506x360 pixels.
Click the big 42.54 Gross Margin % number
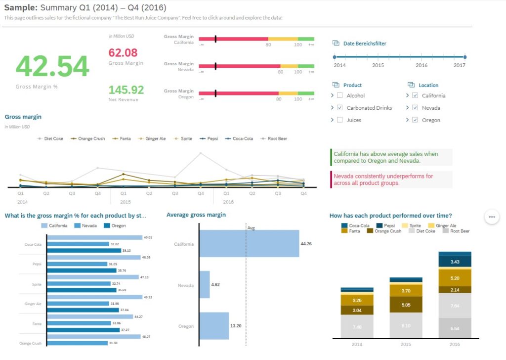pyautogui.click(x=52, y=66)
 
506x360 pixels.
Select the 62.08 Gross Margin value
pyautogui.click(x=123, y=53)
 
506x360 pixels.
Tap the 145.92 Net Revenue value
pyautogui.click(x=126, y=90)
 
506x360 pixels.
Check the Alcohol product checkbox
pyautogui.click(x=339, y=95)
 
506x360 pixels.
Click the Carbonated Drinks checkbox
pyautogui.click(x=339, y=108)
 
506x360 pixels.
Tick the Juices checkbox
pyautogui.click(x=339, y=120)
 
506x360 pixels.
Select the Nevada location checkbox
pyautogui.click(x=415, y=108)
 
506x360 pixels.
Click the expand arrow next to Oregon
pyautogui.click(x=408, y=120)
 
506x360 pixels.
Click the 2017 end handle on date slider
pyautogui.click(x=464, y=57)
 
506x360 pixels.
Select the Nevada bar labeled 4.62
pyautogui.click(x=205, y=285)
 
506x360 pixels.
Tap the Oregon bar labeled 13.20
pyautogui.click(x=214, y=326)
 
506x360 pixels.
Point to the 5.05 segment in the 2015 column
pyautogui.click(x=406, y=305)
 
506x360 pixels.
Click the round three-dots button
pyautogui.click(x=492, y=217)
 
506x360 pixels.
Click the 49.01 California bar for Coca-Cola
pyautogui.click(x=94, y=237)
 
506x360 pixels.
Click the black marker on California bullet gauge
pyautogui.click(x=215, y=39)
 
